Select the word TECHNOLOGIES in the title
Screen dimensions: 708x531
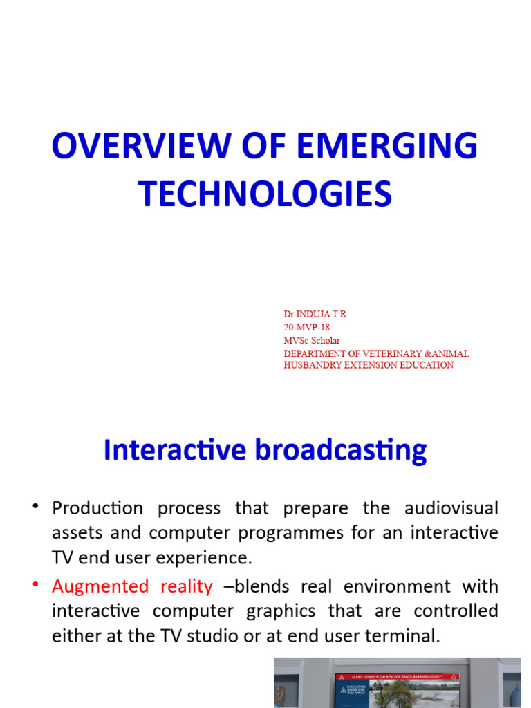(x=265, y=194)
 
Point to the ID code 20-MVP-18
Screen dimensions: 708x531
(x=307, y=327)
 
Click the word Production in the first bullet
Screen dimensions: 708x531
(x=97, y=509)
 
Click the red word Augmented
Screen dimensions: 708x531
(x=100, y=587)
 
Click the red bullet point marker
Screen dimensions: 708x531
(x=35, y=586)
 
